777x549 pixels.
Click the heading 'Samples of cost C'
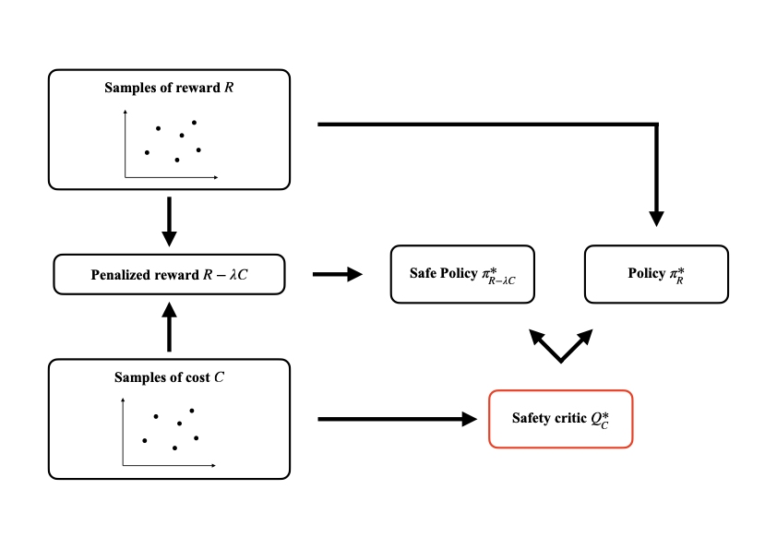click(x=169, y=377)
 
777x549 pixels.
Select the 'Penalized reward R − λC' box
click(x=169, y=275)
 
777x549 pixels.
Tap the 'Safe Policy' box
click(x=462, y=274)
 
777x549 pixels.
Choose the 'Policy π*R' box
click(x=656, y=274)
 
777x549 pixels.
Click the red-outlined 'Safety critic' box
click(x=560, y=419)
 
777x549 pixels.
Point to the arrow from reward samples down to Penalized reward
click(x=169, y=221)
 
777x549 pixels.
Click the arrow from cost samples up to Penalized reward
click(x=169, y=327)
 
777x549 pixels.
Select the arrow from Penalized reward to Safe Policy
click(x=337, y=274)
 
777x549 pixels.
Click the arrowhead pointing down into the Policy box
click(x=656, y=219)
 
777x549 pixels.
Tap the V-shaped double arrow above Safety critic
click(x=560, y=345)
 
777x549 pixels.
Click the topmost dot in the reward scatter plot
click(x=194, y=123)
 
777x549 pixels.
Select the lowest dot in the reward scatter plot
click(x=176, y=160)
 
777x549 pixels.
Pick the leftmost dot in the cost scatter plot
click(x=144, y=441)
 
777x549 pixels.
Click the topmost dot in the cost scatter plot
click(x=192, y=411)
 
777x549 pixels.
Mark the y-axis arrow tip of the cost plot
click(x=123, y=400)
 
